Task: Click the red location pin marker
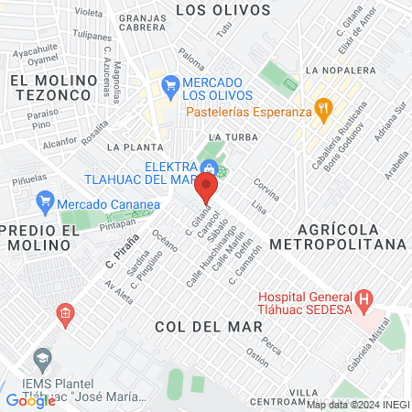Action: [207, 189]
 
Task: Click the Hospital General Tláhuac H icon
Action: [364, 298]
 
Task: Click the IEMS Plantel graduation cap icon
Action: [40, 357]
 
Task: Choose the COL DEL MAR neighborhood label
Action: [195, 325]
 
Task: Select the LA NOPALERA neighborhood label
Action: [340, 70]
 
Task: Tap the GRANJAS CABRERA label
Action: [146, 24]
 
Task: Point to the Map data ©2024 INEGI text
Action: [357, 405]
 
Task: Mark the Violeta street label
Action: [88, 13]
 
